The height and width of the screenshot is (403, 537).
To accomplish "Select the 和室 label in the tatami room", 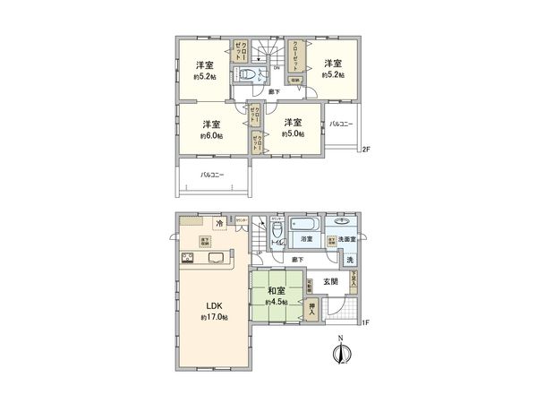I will (x=276, y=290).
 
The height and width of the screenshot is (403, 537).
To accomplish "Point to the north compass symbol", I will (x=339, y=352).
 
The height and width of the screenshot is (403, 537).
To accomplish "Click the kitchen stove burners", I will (x=189, y=259).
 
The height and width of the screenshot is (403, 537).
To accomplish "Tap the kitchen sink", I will (x=217, y=259).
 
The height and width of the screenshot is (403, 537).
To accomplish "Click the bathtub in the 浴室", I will (x=307, y=223).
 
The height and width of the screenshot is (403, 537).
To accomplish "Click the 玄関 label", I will (x=331, y=281).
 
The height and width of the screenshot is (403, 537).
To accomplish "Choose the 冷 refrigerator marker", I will (x=217, y=223).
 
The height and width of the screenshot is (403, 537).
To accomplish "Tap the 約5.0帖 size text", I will (x=293, y=134).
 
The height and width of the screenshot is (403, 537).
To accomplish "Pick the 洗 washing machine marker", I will (x=350, y=260).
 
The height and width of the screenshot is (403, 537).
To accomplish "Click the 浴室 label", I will (x=305, y=241).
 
